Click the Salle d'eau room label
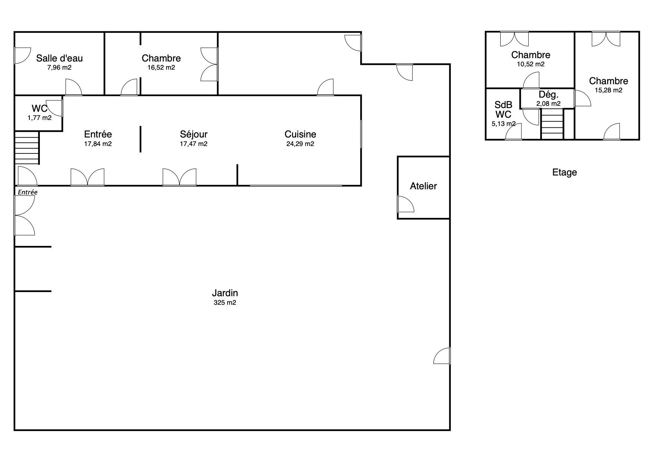[59, 58]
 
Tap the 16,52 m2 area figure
[161, 68]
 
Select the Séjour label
[193, 135]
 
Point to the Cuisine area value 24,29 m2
[300, 144]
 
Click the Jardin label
[225, 293]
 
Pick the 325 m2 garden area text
[225, 303]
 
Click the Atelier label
[424, 186]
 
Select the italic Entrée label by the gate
[28, 192]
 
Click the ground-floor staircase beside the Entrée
[27, 148]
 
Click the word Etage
[565, 173]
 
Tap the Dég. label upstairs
[549, 95]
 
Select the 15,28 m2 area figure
[609, 90]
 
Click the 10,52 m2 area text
[531, 64]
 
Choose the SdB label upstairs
[503, 105]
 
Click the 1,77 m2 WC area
[39, 118]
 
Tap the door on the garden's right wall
[442, 355]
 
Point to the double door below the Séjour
[180, 177]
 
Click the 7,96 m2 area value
[59, 68]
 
